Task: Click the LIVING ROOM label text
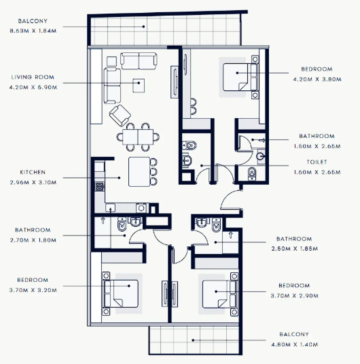(33, 77)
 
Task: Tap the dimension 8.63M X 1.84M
(33, 31)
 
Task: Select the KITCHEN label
(33, 172)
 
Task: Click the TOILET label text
(317, 162)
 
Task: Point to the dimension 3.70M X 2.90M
(294, 296)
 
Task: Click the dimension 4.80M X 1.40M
(294, 345)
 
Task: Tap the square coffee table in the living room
(139, 85)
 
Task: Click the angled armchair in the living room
(120, 115)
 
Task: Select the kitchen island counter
(139, 172)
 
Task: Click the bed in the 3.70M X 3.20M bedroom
(121, 293)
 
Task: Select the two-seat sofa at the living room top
(139, 61)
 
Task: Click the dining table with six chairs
(138, 137)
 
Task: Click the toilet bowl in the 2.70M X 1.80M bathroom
(122, 225)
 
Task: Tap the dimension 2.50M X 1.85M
(294, 249)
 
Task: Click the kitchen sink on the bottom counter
(110, 208)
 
